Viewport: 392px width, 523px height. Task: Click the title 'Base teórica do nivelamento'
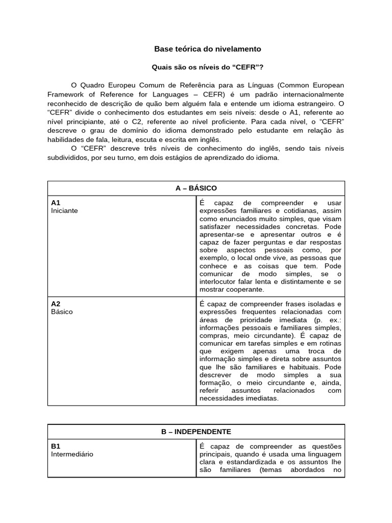click(207, 49)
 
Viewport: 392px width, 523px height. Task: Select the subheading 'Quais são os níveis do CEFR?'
click(208, 67)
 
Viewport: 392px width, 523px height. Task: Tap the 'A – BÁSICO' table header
click(196, 188)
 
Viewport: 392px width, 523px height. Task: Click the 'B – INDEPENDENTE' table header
click(196, 432)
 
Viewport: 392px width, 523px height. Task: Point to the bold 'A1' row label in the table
click(56, 203)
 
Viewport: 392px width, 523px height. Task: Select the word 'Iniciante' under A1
click(64, 211)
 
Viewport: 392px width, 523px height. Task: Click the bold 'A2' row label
click(56, 303)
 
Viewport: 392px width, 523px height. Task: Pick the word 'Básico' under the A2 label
click(62, 312)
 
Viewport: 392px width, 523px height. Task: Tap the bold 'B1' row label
click(56, 446)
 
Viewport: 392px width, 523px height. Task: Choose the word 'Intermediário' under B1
click(72, 454)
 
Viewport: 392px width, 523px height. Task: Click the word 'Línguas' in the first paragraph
click(250, 84)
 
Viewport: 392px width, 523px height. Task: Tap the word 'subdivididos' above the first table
click(67, 158)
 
